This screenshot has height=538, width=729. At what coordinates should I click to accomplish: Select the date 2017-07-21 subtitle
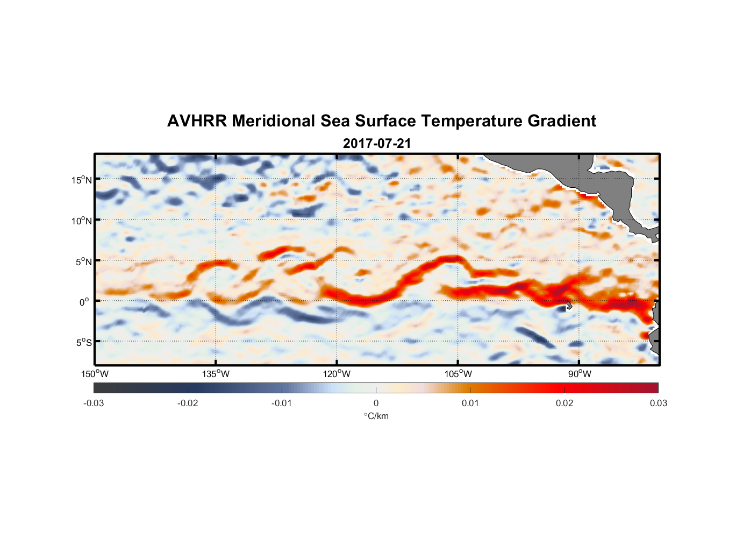click(377, 144)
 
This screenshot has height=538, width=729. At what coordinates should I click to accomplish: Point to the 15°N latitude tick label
click(82, 180)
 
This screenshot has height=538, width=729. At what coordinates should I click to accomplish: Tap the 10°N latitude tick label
click(82, 221)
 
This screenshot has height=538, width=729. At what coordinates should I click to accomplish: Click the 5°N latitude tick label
click(83, 261)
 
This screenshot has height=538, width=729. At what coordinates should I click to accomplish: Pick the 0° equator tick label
click(84, 302)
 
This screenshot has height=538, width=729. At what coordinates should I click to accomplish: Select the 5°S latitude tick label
click(83, 343)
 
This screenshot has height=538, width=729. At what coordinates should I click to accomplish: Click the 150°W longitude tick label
click(95, 374)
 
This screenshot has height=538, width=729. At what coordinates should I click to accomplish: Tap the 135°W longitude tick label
click(216, 374)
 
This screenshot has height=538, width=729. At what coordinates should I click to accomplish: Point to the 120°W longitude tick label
click(337, 374)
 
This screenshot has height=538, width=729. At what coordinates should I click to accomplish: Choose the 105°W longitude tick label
click(458, 374)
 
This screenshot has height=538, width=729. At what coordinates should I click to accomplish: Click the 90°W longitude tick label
click(580, 374)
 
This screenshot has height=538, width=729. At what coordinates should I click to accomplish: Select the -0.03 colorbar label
click(94, 403)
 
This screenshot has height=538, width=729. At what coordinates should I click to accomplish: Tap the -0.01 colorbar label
click(282, 403)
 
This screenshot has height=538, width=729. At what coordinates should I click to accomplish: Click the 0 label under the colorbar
click(376, 403)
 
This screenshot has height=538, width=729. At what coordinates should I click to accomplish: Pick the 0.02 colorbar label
click(564, 403)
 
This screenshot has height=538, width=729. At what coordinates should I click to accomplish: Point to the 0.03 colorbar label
click(658, 403)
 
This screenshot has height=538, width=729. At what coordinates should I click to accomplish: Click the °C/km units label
click(376, 416)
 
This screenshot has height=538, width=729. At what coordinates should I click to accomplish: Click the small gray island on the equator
click(568, 305)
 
